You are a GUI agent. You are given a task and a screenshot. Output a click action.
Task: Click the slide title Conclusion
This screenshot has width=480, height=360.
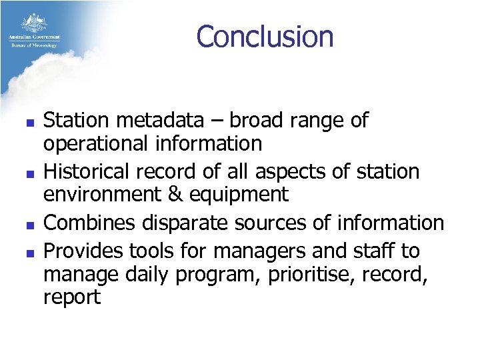coord(265,37)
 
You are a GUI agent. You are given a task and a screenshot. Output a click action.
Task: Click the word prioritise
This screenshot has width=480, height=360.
coord(301,274)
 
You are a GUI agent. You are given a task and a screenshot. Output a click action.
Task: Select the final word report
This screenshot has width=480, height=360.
coord(71,298)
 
